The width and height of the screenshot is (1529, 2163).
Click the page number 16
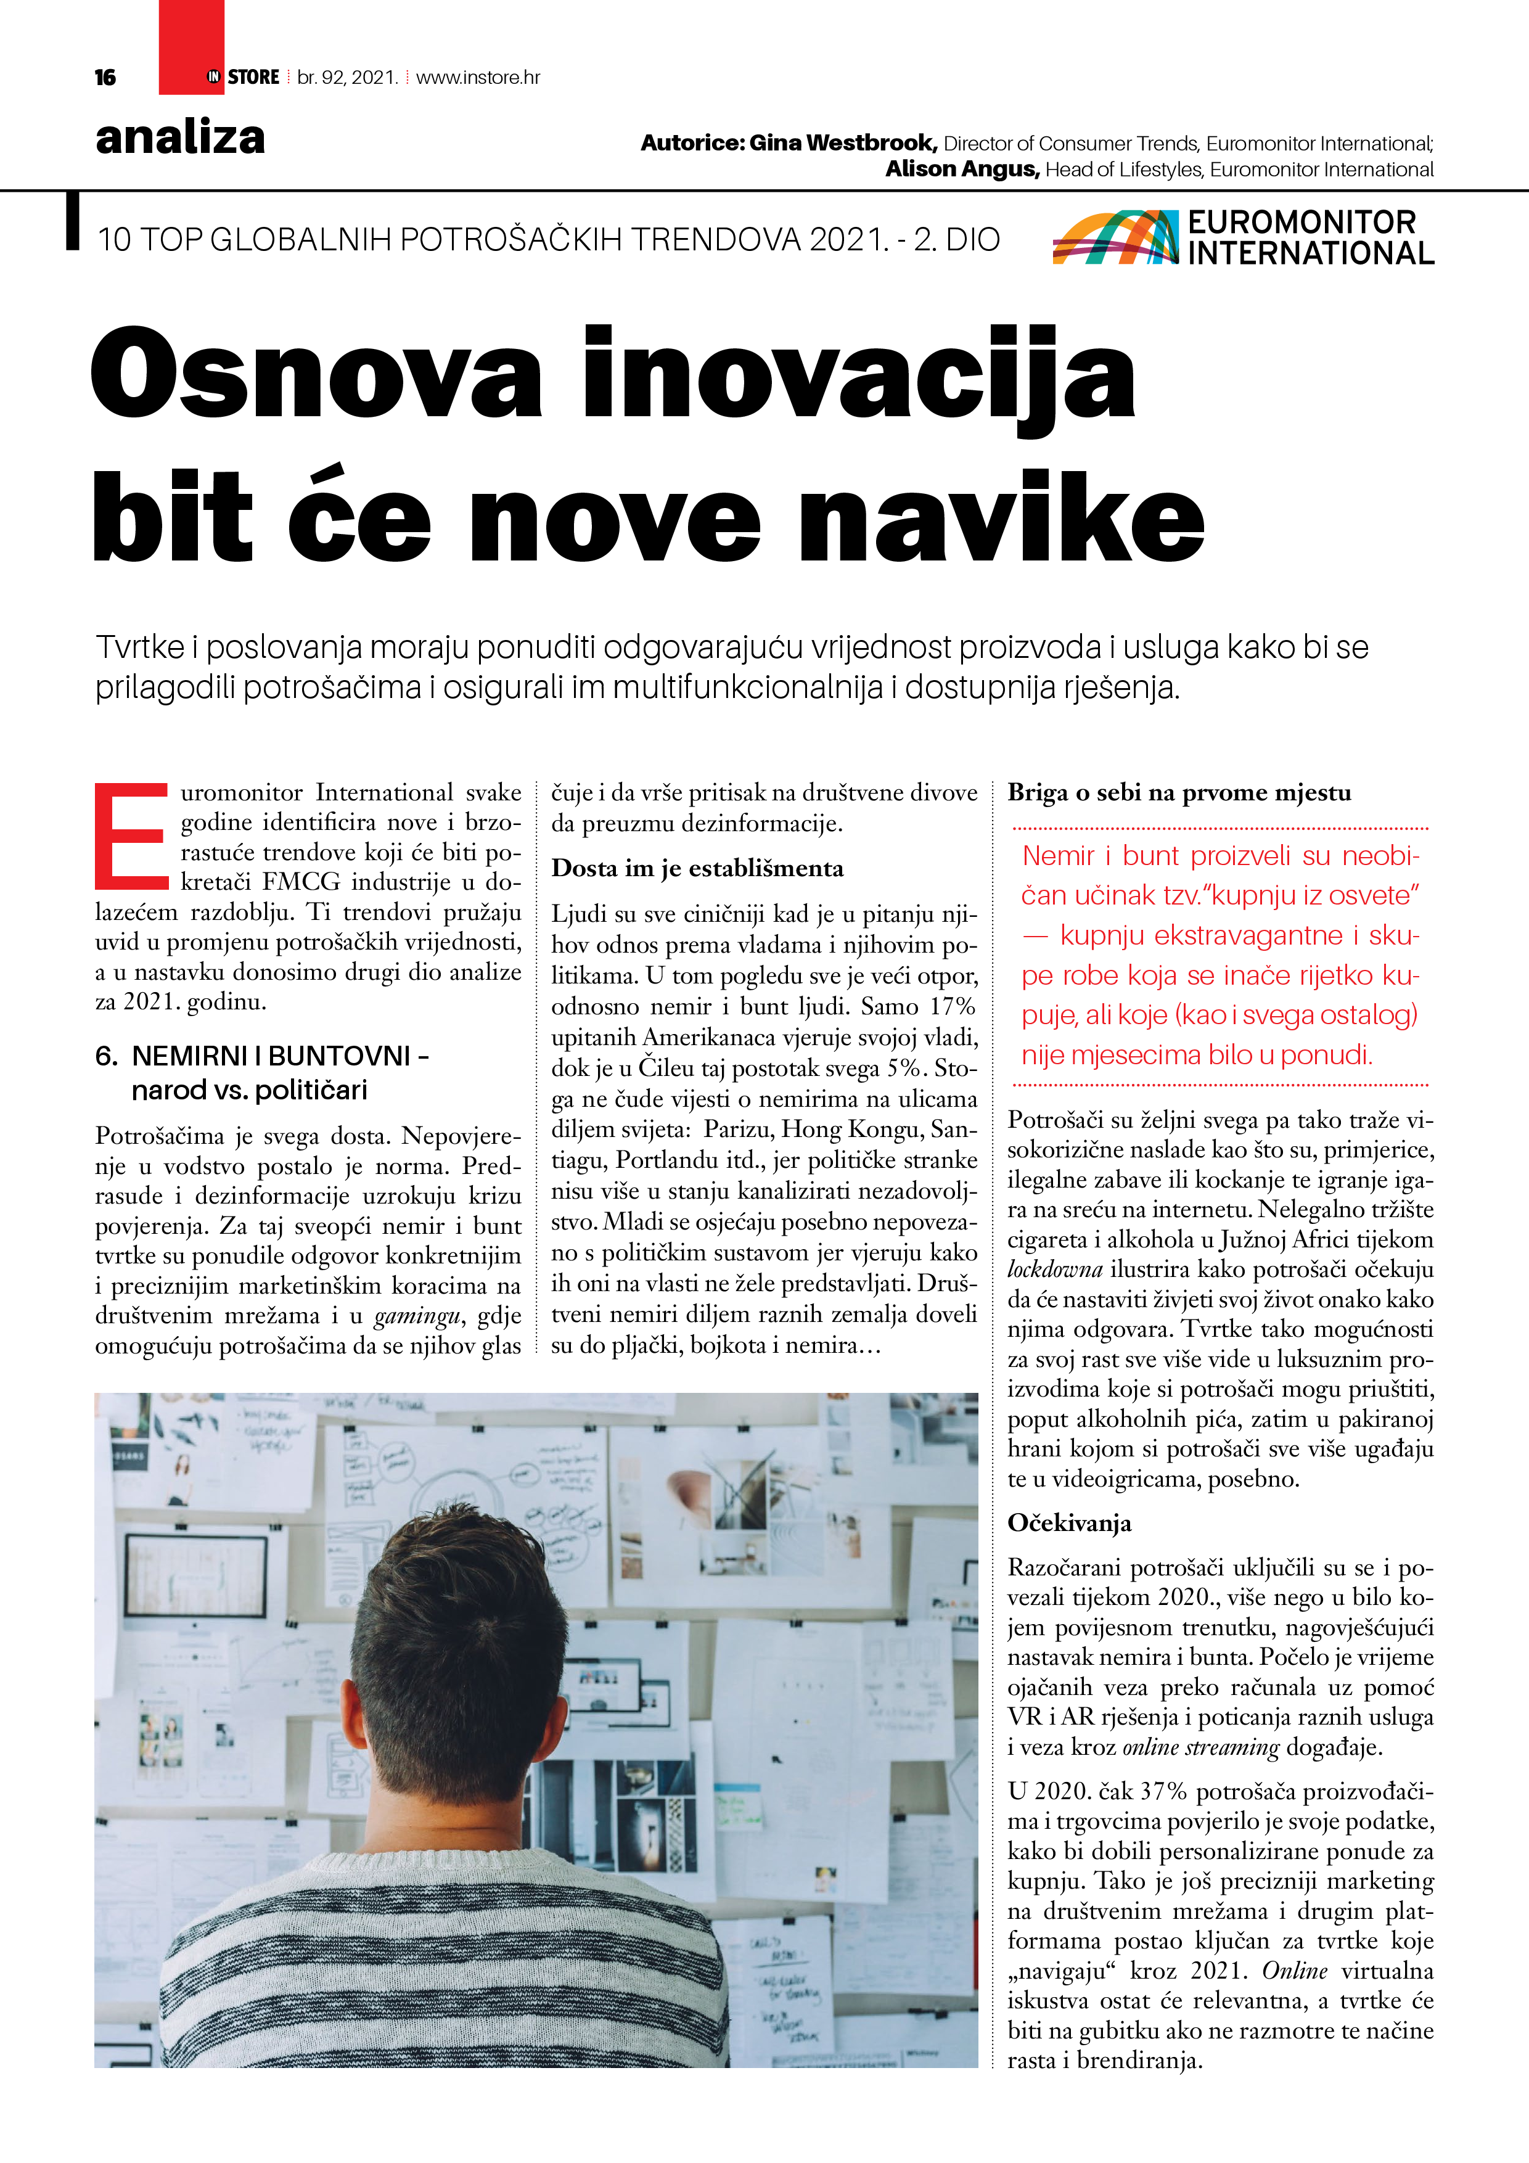(105, 77)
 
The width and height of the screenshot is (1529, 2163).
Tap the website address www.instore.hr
(478, 77)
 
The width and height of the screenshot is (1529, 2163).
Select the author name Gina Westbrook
(842, 143)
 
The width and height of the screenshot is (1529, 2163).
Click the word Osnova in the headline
(316, 374)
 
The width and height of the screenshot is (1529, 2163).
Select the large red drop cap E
(131, 835)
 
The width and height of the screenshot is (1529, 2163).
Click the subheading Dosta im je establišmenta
(697, 868)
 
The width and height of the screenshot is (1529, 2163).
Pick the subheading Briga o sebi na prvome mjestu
(1179, 792)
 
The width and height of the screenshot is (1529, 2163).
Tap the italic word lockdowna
(1054, 1269)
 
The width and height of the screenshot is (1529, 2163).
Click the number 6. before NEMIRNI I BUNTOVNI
(107, 1056)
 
